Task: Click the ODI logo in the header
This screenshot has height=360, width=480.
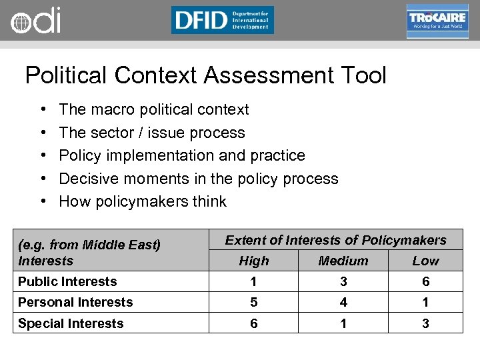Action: (35, 21)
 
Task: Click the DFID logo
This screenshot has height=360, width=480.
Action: (222, 20)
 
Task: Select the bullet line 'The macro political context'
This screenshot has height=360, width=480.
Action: (154, 109)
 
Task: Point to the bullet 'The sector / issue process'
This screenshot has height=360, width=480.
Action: (152, 133)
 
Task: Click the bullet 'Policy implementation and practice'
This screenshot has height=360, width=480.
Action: (182, 155)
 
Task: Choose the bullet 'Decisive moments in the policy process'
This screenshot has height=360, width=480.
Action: (199, 179)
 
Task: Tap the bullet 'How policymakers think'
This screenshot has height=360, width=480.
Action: (143, 201)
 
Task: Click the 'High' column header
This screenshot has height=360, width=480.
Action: (254, 261)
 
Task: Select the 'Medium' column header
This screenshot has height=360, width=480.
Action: (343, 261)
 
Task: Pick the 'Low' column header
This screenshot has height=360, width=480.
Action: (425, 261)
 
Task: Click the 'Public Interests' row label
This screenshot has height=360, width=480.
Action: (67, 281)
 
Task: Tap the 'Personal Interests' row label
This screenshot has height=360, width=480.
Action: (75, 302)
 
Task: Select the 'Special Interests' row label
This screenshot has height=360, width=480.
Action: (71, 323)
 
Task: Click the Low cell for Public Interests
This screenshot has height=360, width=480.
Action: (425, 281)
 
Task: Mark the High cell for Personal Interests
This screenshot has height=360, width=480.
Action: (254, 302)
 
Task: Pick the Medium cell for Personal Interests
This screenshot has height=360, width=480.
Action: (343, 302)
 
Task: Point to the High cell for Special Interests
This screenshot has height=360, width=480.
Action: (254, 323)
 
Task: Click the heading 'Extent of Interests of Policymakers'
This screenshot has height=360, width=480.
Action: (335, 240)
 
